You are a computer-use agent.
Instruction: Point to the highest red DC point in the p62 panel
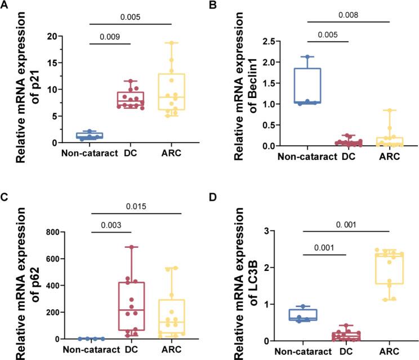(x=131, y=247)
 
